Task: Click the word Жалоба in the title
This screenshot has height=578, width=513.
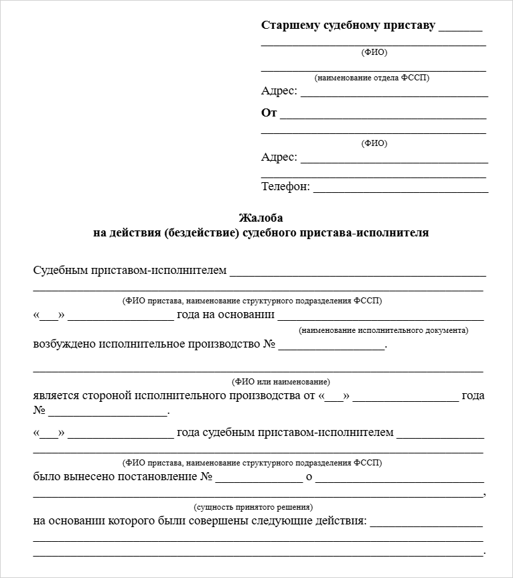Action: pos(261,218)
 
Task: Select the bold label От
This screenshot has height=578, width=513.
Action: pos(269,113)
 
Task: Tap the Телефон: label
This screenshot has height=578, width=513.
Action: pos(285,187)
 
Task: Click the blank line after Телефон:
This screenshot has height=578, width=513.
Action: pos(400,190)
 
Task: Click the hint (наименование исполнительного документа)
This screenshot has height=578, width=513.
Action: pos(384,330)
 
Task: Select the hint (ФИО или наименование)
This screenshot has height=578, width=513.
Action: pos(281,382)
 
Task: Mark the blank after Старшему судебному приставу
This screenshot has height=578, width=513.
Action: pos(461,29)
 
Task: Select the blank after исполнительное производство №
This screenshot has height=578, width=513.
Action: pos(332,348)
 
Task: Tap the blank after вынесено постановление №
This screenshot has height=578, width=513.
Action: pos(259,481)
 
